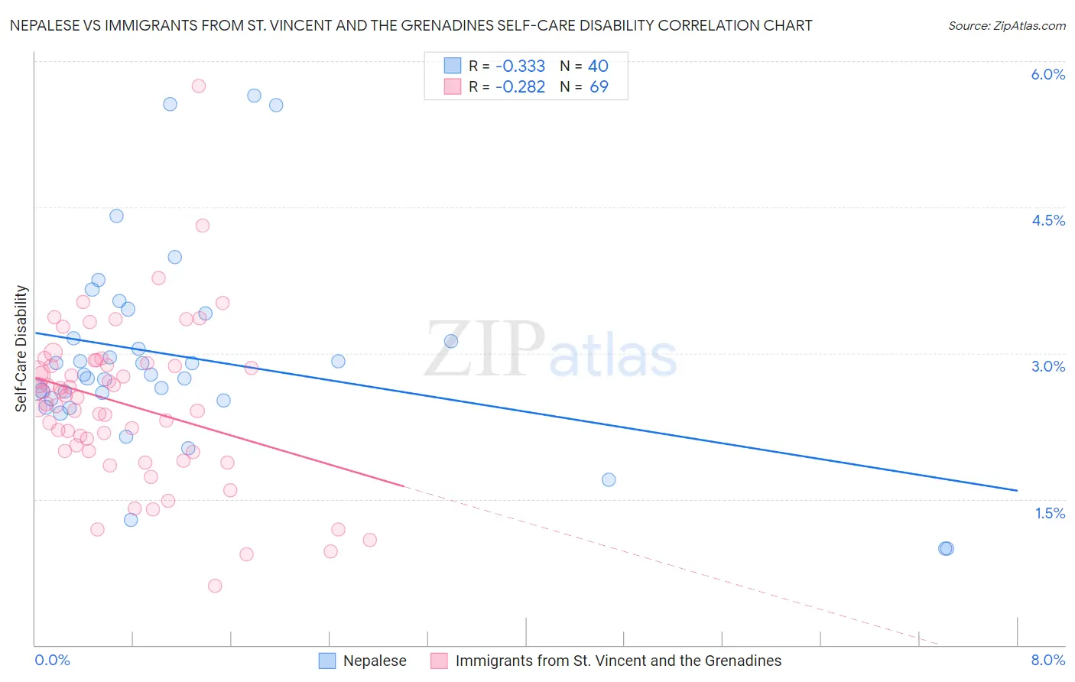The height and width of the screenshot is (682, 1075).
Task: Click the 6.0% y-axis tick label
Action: (x=1047, y=74)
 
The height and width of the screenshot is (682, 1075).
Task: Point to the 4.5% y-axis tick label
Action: (x=1047, y=220)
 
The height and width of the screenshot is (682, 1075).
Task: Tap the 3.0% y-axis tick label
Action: (x=1047, y=366)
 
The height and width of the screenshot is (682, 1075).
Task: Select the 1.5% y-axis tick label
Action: (x=1050, y=513)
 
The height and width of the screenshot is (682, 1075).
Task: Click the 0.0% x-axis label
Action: (x=52, y=660)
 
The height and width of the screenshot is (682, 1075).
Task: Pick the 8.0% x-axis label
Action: (x=1047, y=660)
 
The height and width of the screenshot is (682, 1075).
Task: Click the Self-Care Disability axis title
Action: (x=21, y=349)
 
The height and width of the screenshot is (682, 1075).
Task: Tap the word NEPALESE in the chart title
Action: (x=47, y=25)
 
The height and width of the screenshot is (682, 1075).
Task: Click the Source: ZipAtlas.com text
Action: (x=1006, y=25)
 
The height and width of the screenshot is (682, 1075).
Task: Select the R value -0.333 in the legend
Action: (x=520, y=66)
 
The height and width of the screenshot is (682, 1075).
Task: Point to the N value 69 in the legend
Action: (x=599, y=86)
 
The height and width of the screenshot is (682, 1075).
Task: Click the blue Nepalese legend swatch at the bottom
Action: (x=327, y=661)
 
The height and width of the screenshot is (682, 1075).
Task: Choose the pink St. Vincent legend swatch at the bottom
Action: (x=440, y=661)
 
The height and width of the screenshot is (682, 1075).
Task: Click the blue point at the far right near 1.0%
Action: (x=946, y=548)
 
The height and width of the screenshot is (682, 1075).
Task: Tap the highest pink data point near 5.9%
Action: (x=199, y=86)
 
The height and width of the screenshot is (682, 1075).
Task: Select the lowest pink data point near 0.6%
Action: (x=215, y=586)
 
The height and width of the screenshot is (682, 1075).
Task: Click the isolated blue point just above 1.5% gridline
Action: (x=609, y=479)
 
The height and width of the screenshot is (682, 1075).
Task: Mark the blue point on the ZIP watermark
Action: (x=451, y=341)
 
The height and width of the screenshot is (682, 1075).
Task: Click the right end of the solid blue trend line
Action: (x=1017, y=490)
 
